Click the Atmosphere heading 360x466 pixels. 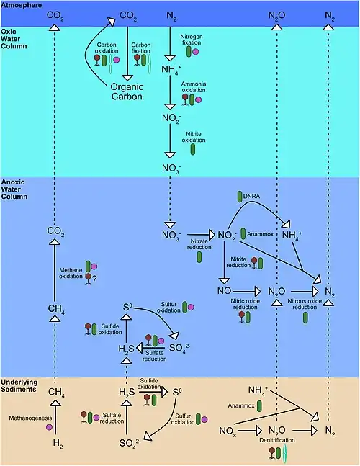pos(22,5)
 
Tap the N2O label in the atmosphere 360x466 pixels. pos(276,15)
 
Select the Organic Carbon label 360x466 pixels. pos(127,91)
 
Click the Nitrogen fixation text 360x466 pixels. pos(192,40)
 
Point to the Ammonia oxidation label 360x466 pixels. pos(194,87)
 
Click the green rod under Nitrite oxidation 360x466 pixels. pos(193,149)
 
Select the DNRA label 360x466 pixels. pos(251,196)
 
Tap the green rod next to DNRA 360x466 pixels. pos(240,197)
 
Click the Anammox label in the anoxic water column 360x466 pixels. pos(260,234)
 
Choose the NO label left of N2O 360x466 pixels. pos(224,291)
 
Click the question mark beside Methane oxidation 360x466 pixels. pos(94,279)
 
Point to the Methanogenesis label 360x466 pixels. pos(30,418)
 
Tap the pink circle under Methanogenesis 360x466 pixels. pos(49,427)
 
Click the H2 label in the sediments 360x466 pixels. pos(58,443)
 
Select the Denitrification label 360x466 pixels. pos(277,440)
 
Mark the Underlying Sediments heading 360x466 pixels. pos(19,386)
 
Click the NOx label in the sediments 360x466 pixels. pos(228,431)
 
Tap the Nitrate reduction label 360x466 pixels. pos(199,244)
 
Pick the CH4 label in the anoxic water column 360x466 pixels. pos(56,309)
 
